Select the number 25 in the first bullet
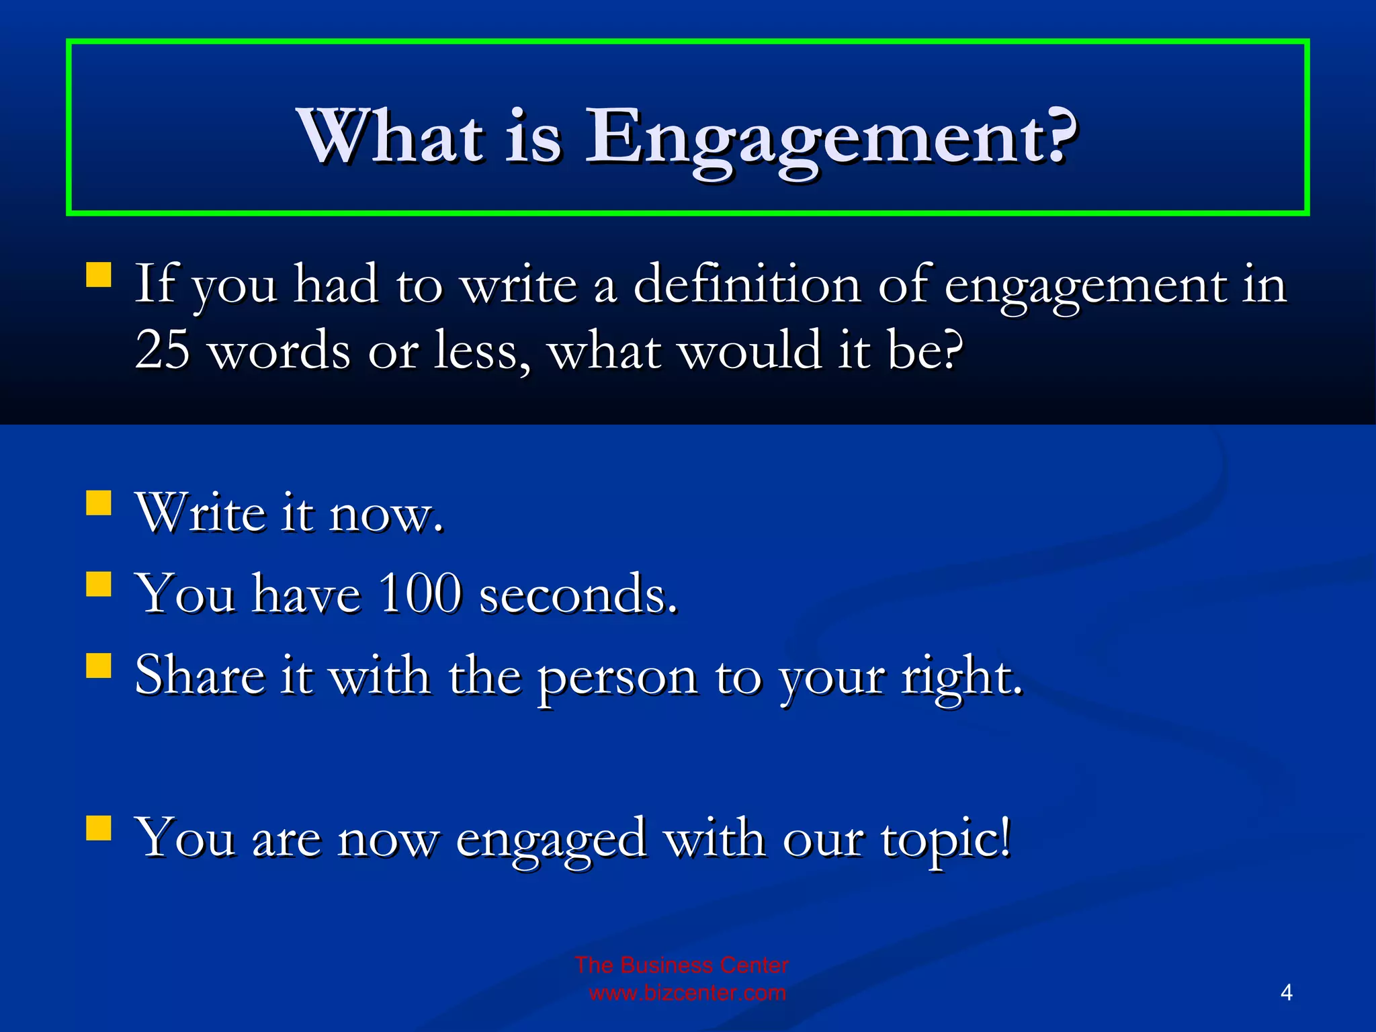pos(162,350)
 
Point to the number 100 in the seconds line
pos(420,594)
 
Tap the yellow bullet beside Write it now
pos(99,503)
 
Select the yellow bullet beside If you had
pos(99,275)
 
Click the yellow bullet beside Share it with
pos(99,666)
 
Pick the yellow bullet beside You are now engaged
pos(99,828)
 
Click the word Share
pos(200,676)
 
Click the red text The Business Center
pos(681,965)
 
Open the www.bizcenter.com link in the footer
pos(687,993)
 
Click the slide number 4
pos(1286,992)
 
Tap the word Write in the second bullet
pos(200,513)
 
